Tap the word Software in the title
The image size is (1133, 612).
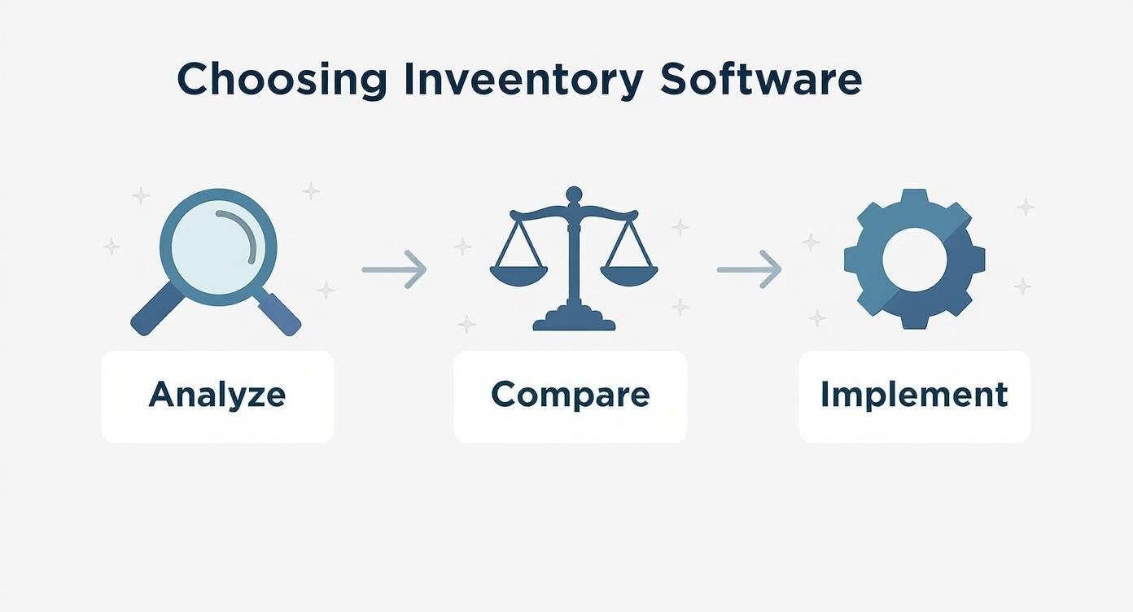click(760, 80)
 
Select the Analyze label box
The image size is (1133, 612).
click(217, 396)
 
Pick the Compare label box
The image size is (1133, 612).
click(570, 396)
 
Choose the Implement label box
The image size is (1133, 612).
click(914, 396)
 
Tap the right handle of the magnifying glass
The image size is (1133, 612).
click(278, 313)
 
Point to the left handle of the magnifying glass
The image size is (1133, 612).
click(155, 312)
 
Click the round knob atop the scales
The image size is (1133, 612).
click(574, 195)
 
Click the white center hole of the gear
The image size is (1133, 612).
click(914, 260)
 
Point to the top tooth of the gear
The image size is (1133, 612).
click(914, 199)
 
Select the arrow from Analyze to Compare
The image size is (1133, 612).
click(394, 269)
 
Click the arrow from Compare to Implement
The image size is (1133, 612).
click(749, 269)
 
